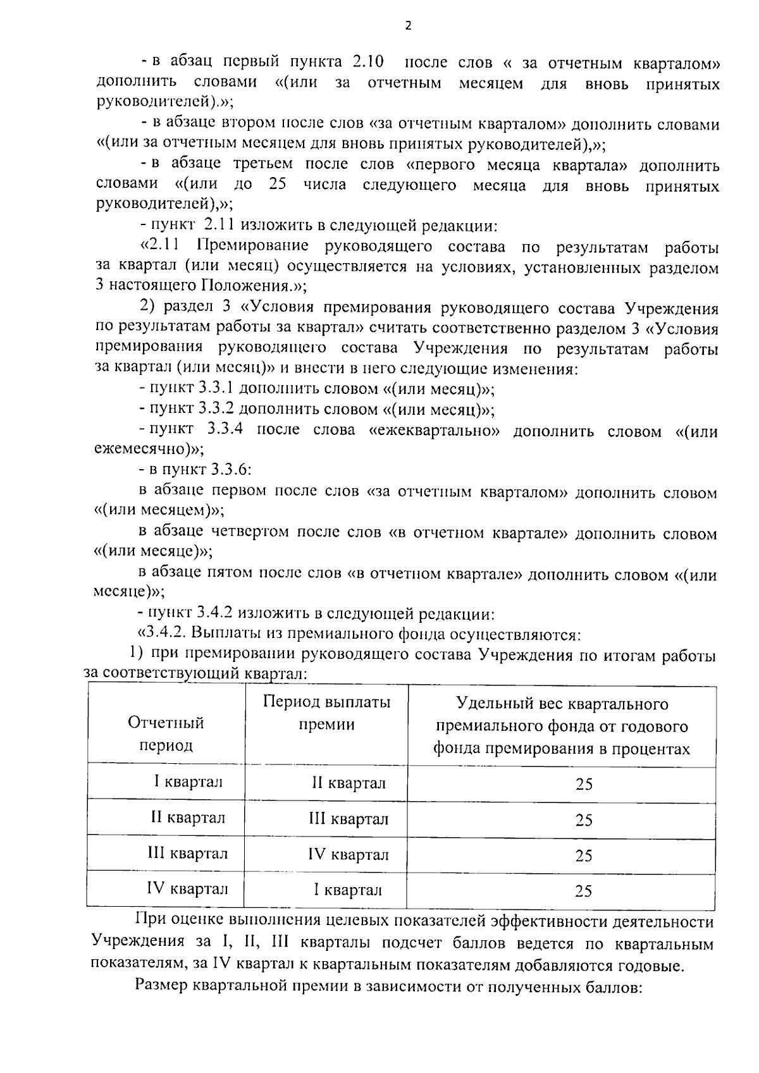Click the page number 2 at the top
(x=408, y=26)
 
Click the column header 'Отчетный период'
(x=166, y=733)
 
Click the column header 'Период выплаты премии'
(x=326, y=713)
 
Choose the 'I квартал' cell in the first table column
(x=188, y=782)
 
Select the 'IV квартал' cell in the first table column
(x=187, y=888)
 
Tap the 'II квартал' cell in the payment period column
(x=349, y=783)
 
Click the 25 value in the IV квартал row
(x=583, y=891)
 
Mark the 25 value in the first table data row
(x=583, y=784)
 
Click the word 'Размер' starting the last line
(x=161, y=986)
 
